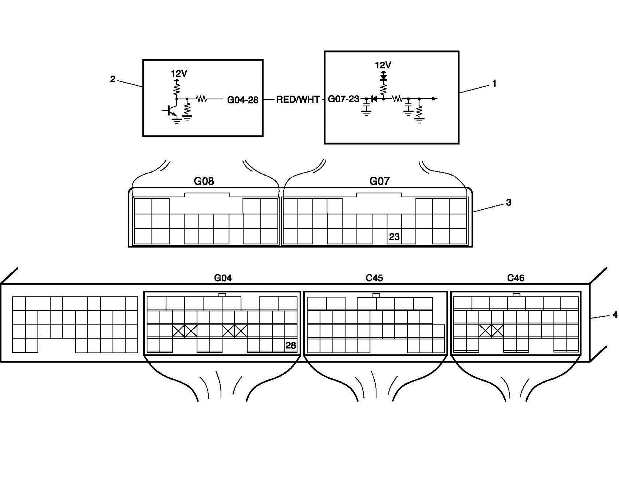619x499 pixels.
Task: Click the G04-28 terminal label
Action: coord(243,100)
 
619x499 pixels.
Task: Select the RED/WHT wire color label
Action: coord(298,100)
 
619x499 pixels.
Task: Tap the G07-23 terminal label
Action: coord(343,99)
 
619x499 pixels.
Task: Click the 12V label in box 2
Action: coord(179,73)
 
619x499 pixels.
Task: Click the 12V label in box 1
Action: coord(383,65)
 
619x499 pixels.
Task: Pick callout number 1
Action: coord(494,83)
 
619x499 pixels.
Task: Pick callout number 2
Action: coord(113,79)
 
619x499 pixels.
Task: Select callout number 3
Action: coord(508,202)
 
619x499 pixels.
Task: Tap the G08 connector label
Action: coord(204,181)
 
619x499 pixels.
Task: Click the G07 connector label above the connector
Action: coord(379,181)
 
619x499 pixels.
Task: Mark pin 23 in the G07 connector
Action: coord(394,237)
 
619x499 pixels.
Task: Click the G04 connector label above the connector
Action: coord(223,278)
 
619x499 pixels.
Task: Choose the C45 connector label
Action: coord(374,278)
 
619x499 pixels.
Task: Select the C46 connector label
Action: coord(516,278)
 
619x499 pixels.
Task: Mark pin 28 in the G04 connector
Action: coord(291,345)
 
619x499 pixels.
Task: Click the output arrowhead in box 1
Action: coord(434,99)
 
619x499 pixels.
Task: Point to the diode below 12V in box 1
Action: coord(383,78)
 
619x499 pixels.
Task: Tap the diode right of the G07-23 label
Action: coord(374,99)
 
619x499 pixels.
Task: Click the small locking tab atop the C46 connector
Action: coord(516,295)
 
